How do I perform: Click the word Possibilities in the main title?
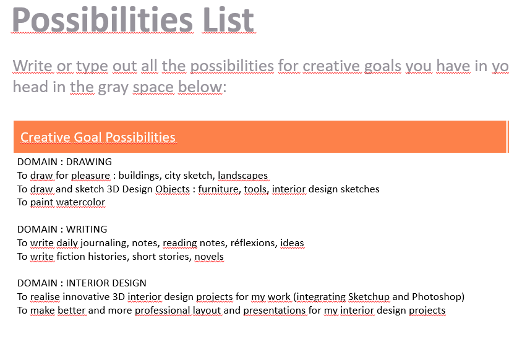pos(103,20)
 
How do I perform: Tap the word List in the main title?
pos(228,20)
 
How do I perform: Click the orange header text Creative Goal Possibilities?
pos(98,137)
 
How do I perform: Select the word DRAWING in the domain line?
pos(89,161)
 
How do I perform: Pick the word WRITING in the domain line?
pos(87,229)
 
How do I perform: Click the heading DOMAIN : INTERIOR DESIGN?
pos(82,283)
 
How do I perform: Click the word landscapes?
pos(243,176)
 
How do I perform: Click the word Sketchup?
pos(369,297)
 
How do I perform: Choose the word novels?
pos(209,257)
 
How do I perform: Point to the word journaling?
pos(104,243)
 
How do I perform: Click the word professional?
pos(162,311)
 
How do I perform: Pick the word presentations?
pos(275,311)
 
